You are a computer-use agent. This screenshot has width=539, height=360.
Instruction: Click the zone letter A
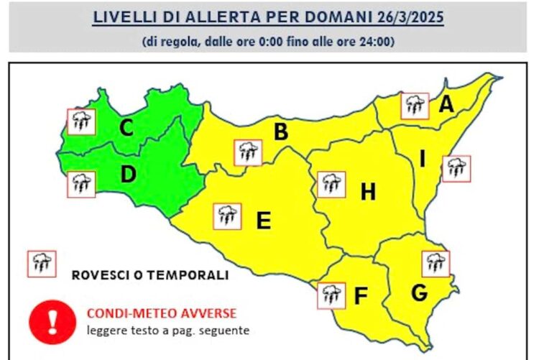pos(446,105)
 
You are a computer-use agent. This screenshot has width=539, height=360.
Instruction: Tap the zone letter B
pos(281,132)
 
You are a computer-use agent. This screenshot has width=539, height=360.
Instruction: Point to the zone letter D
pos(129,174)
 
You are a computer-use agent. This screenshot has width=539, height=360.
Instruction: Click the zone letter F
pos(361,295)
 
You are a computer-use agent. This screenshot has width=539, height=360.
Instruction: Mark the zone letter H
pos(368,192)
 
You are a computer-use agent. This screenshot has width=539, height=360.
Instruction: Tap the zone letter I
pos(423,160)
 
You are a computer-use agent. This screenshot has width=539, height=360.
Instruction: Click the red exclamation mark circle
pos(52,320)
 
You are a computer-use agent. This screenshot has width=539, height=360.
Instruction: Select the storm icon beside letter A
pos(414,106)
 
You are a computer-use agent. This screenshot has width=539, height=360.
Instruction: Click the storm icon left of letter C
pos(80,121)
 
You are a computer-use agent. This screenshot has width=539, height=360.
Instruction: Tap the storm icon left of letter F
pos(331,295)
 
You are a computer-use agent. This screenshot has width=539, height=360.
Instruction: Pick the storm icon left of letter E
pos(228,216)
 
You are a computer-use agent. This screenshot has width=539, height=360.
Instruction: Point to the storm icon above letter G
pos(436,264)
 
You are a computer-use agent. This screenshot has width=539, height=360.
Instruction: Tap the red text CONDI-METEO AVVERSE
pos(161,314)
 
